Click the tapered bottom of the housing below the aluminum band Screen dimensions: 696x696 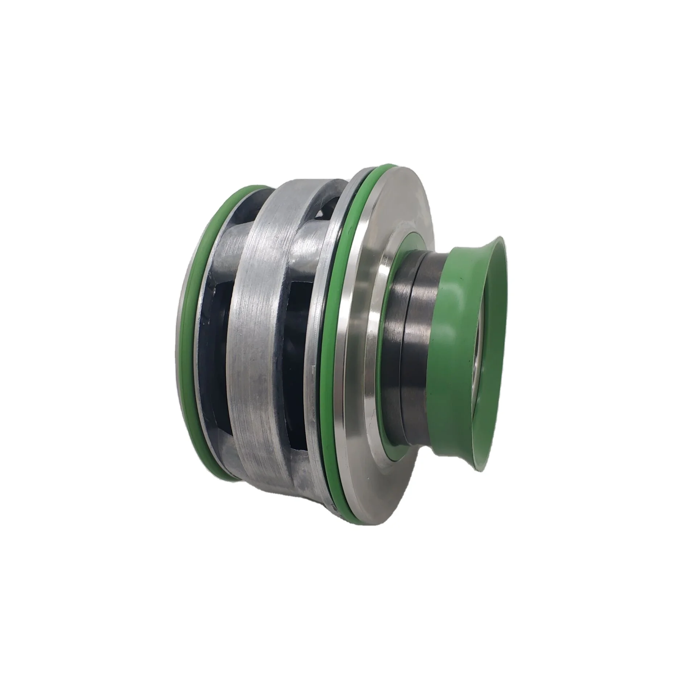(275, 486)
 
